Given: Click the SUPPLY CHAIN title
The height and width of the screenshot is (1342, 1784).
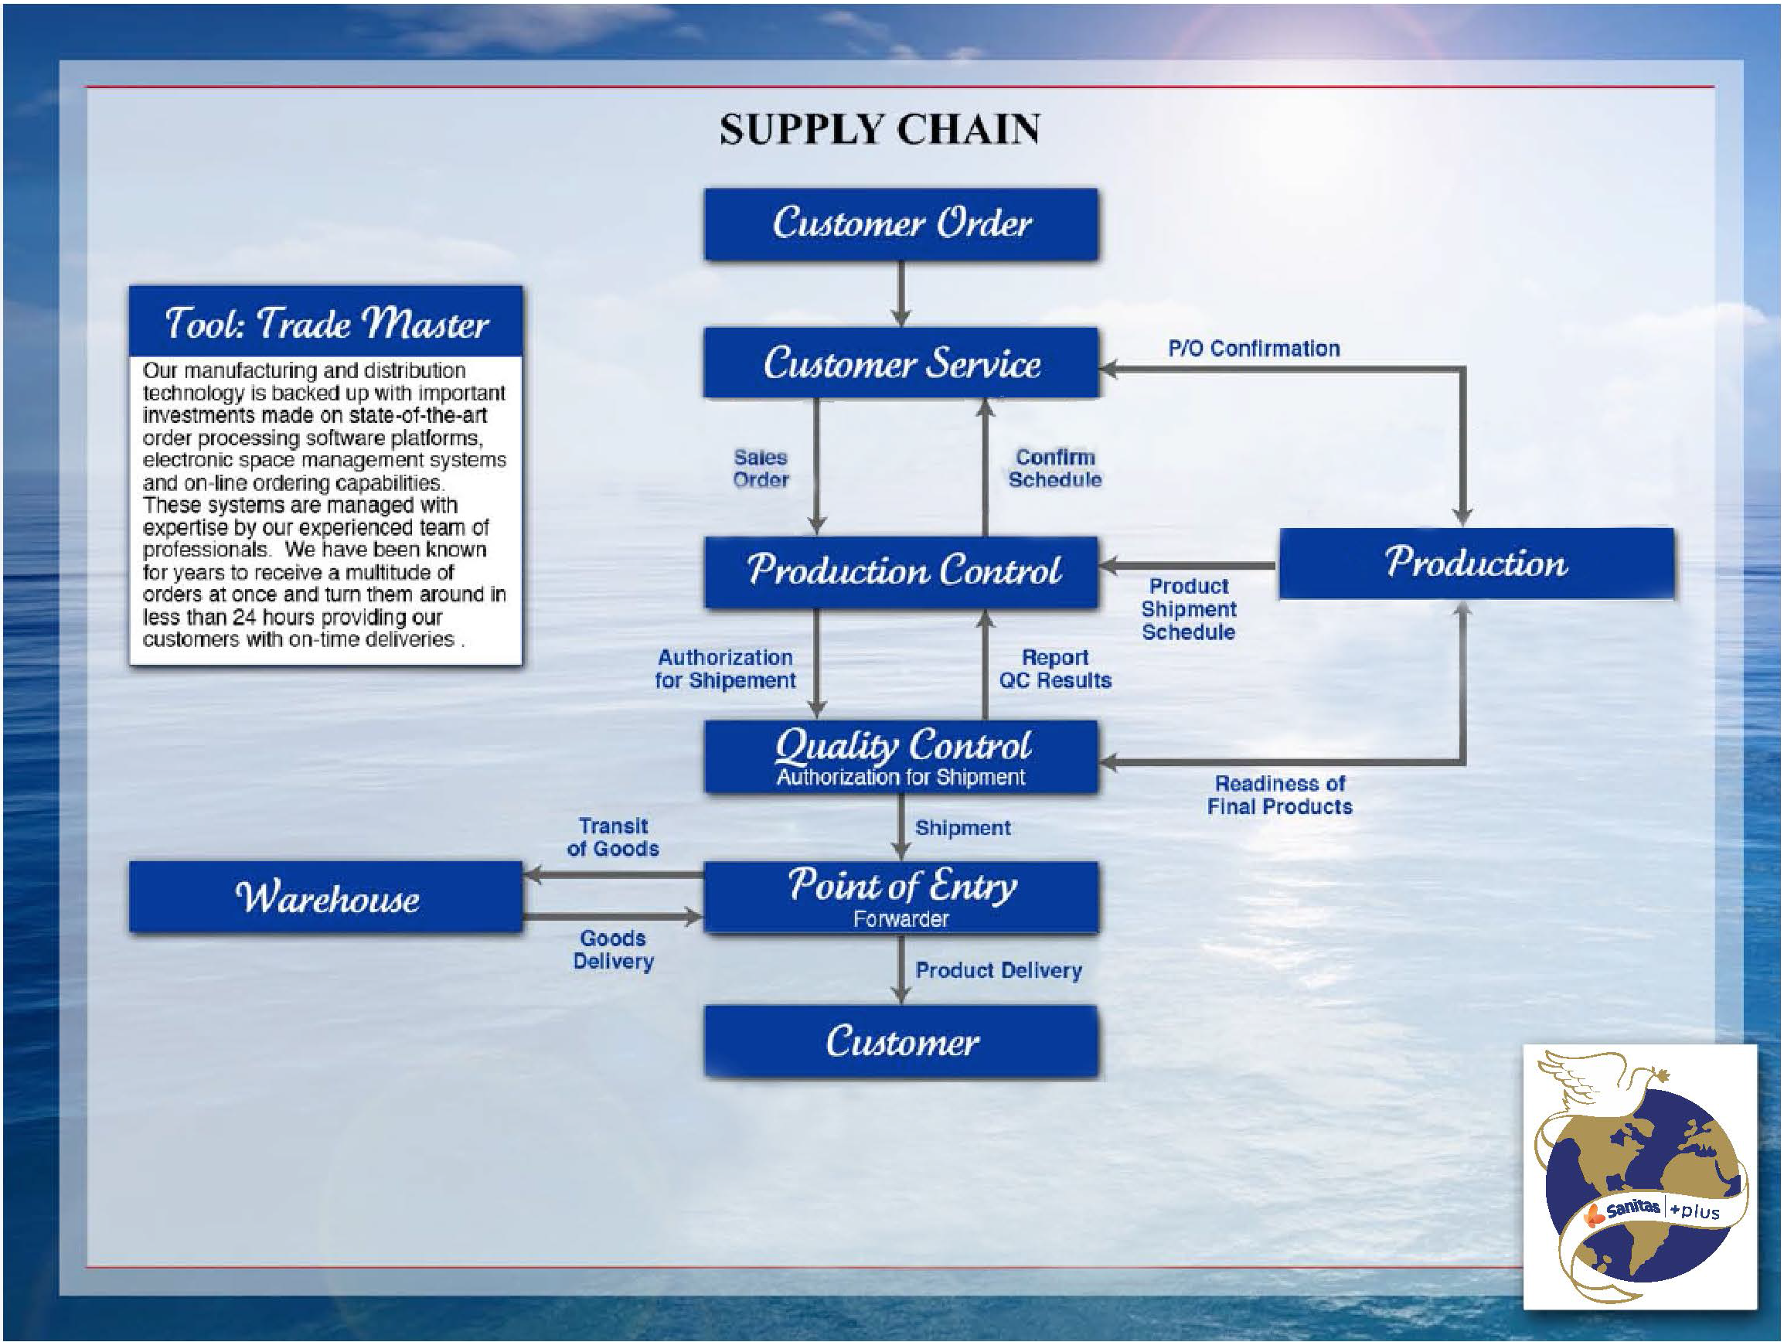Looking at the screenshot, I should point(880,130).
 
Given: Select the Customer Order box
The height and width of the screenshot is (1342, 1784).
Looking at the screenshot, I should point(901,224).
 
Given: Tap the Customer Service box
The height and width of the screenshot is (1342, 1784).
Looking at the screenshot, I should point(901,363).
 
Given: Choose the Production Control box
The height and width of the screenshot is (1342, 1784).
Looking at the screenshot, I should point(901,571).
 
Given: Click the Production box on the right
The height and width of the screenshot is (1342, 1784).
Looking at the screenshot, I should point(1476,563).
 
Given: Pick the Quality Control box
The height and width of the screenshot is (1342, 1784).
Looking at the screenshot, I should point(901,756).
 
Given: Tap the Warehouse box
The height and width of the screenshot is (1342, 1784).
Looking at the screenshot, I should point(326,897).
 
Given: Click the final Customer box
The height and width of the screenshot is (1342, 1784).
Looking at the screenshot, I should point(901,1041).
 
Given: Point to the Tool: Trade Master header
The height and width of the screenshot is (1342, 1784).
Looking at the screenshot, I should point(326,322).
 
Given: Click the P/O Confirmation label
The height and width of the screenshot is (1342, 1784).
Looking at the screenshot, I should point(1254,349).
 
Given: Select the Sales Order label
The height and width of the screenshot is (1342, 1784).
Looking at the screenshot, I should point(761,468).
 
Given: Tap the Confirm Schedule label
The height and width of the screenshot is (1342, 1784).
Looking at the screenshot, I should point(1055,468).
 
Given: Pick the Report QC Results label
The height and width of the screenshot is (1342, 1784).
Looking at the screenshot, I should point(1055,669).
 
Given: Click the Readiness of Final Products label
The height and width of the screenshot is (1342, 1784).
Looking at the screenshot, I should point(1280,795).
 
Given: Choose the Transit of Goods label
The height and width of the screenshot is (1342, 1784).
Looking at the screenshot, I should point(613,837).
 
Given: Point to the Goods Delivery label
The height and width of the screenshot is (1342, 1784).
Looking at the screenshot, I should point(613,949).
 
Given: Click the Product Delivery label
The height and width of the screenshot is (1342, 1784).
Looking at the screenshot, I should point(999,969).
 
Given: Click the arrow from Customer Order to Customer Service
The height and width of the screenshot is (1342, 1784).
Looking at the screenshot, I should point(901,294).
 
